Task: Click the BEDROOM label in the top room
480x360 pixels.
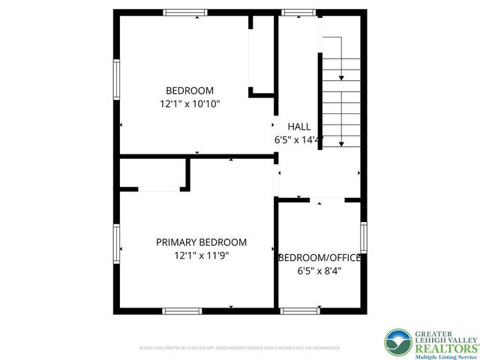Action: pos(190,91)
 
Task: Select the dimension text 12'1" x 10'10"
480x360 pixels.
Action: pos(190,104)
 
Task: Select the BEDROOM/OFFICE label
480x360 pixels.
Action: pos(320,257)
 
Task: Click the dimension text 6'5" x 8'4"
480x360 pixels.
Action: pos(320,271)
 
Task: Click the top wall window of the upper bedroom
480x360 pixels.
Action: pos(185,12)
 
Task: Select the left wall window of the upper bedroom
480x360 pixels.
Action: pos(116,79)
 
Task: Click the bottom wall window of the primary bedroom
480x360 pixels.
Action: pos(181,310)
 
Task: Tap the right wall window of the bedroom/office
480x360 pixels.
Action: pos(364,237)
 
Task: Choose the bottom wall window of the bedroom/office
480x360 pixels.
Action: pos(298,310)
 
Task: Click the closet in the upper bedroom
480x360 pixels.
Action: pos(260,56)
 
